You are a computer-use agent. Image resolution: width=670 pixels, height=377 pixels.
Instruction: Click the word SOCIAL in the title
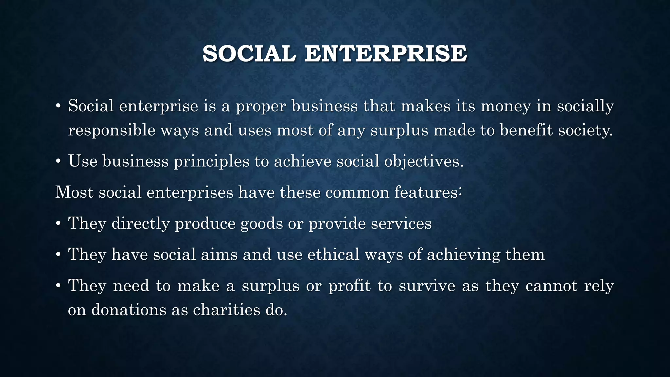[x=249, y=54]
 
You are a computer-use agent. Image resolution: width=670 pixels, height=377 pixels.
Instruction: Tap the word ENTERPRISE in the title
[x=386, y=54]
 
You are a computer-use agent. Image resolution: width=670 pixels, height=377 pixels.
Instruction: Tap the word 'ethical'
[x=333, y=254]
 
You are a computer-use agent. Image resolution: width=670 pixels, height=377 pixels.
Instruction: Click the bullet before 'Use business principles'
[x=58, y=162]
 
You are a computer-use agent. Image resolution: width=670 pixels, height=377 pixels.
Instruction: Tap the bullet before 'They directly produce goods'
[x=58, y=224]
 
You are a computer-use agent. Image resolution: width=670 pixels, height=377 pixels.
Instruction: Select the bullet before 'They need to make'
[x=58, y=286]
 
